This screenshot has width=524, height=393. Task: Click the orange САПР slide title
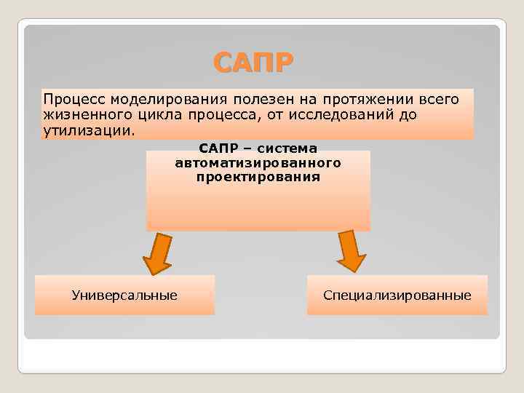[255, 63]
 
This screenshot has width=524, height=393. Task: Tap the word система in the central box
[285, 148]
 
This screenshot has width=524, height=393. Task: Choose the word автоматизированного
[258, 162]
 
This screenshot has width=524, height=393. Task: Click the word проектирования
[258, 176]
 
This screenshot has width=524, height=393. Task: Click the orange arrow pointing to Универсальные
[156, 253]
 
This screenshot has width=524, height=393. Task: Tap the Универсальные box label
[124, 295]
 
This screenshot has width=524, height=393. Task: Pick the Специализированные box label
[397, 295]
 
